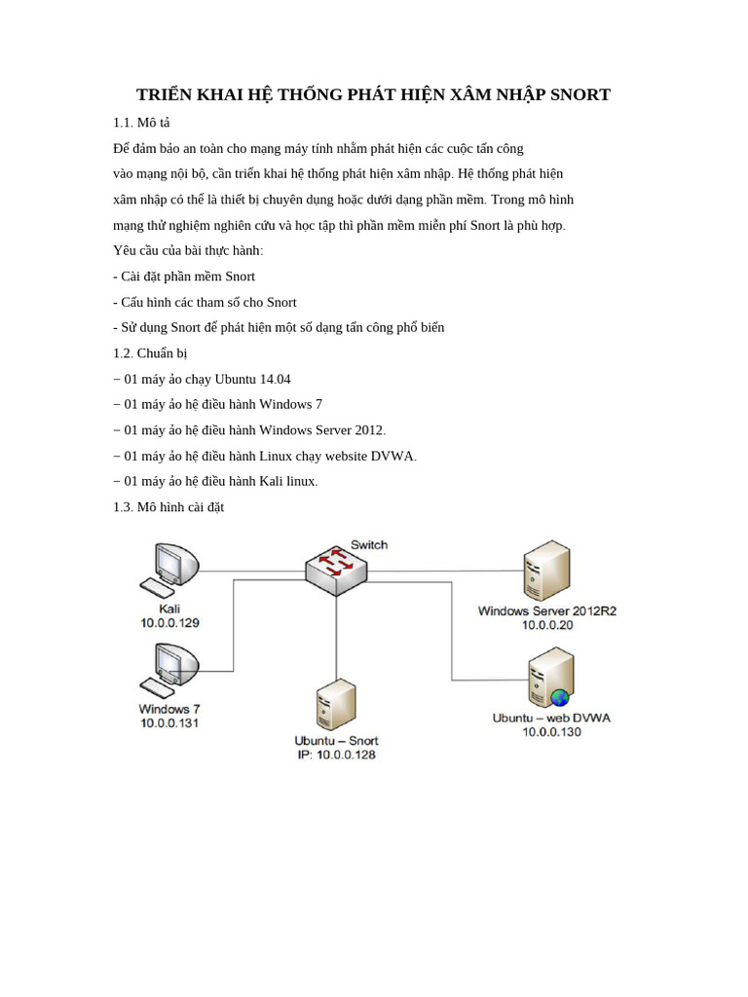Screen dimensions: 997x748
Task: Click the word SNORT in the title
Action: pos(580,94)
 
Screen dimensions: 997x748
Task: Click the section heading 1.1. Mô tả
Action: pos(141,123)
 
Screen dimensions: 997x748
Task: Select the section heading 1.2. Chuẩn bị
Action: pos(150,353)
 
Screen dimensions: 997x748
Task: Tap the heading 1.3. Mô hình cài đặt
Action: pos(168,507)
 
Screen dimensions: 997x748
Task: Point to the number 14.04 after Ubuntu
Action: pos(275,379)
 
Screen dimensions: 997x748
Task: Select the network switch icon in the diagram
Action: pos(337,571)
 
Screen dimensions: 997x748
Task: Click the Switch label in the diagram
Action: pos(369,544)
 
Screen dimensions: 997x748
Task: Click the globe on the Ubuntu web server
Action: pos(559,697)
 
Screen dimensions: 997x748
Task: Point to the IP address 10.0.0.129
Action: pos(170,622)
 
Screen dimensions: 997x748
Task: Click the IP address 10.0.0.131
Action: pos(169,722)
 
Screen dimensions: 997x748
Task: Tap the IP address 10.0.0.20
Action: pos(547,625)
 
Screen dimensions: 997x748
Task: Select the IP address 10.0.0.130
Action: pos(551,732)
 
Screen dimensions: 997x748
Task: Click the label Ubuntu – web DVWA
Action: pos(551,718)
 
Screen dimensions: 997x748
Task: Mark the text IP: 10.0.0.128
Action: pos(336,755)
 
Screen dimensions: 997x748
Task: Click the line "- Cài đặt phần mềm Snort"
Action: pos(184,277)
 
